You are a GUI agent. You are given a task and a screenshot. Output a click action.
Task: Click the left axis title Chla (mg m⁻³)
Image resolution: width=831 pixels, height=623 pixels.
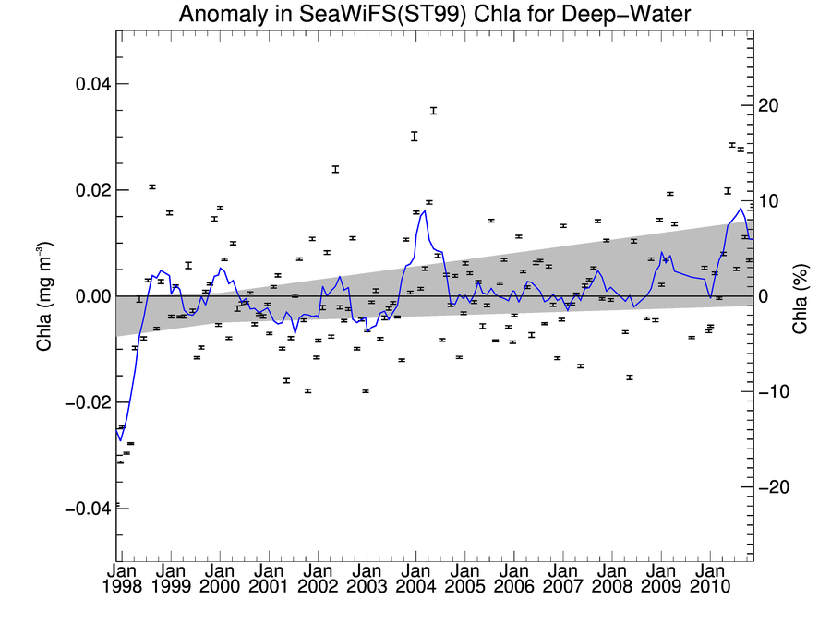(43, 295)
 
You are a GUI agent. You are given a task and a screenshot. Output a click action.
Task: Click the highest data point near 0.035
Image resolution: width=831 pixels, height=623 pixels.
(432, 111)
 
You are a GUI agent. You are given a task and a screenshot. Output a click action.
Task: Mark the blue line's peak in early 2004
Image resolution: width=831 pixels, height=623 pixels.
(424, 210)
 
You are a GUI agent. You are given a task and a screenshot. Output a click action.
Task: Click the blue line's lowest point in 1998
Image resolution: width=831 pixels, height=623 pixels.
(119, 440)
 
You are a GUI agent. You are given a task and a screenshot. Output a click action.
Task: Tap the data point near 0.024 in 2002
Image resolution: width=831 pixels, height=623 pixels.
(335, 169)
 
